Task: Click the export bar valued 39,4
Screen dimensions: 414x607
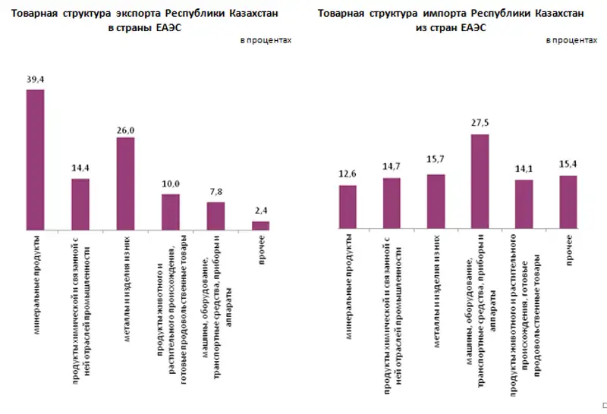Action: pos(35,159)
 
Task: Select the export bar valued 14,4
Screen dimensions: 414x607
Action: pos(80,204)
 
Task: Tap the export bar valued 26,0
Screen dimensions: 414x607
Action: pos(125,183)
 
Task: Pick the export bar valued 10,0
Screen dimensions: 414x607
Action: pos(170,212)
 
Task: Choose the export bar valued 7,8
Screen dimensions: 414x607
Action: pos(215,215)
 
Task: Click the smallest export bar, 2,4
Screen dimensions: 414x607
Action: pos(260,224)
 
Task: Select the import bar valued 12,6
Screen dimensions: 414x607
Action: pos(348,207)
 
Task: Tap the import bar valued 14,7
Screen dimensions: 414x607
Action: pos(392,203)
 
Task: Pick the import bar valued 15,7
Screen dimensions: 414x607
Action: pos(436,202)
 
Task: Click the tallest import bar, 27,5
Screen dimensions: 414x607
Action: pos(480,182)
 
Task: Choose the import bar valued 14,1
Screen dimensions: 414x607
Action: pos(524,204)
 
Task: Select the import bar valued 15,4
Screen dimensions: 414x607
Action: pos(568,202)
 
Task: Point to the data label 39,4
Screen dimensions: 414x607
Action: pos(35,80)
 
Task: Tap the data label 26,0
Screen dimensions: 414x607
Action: pos(125,130)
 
